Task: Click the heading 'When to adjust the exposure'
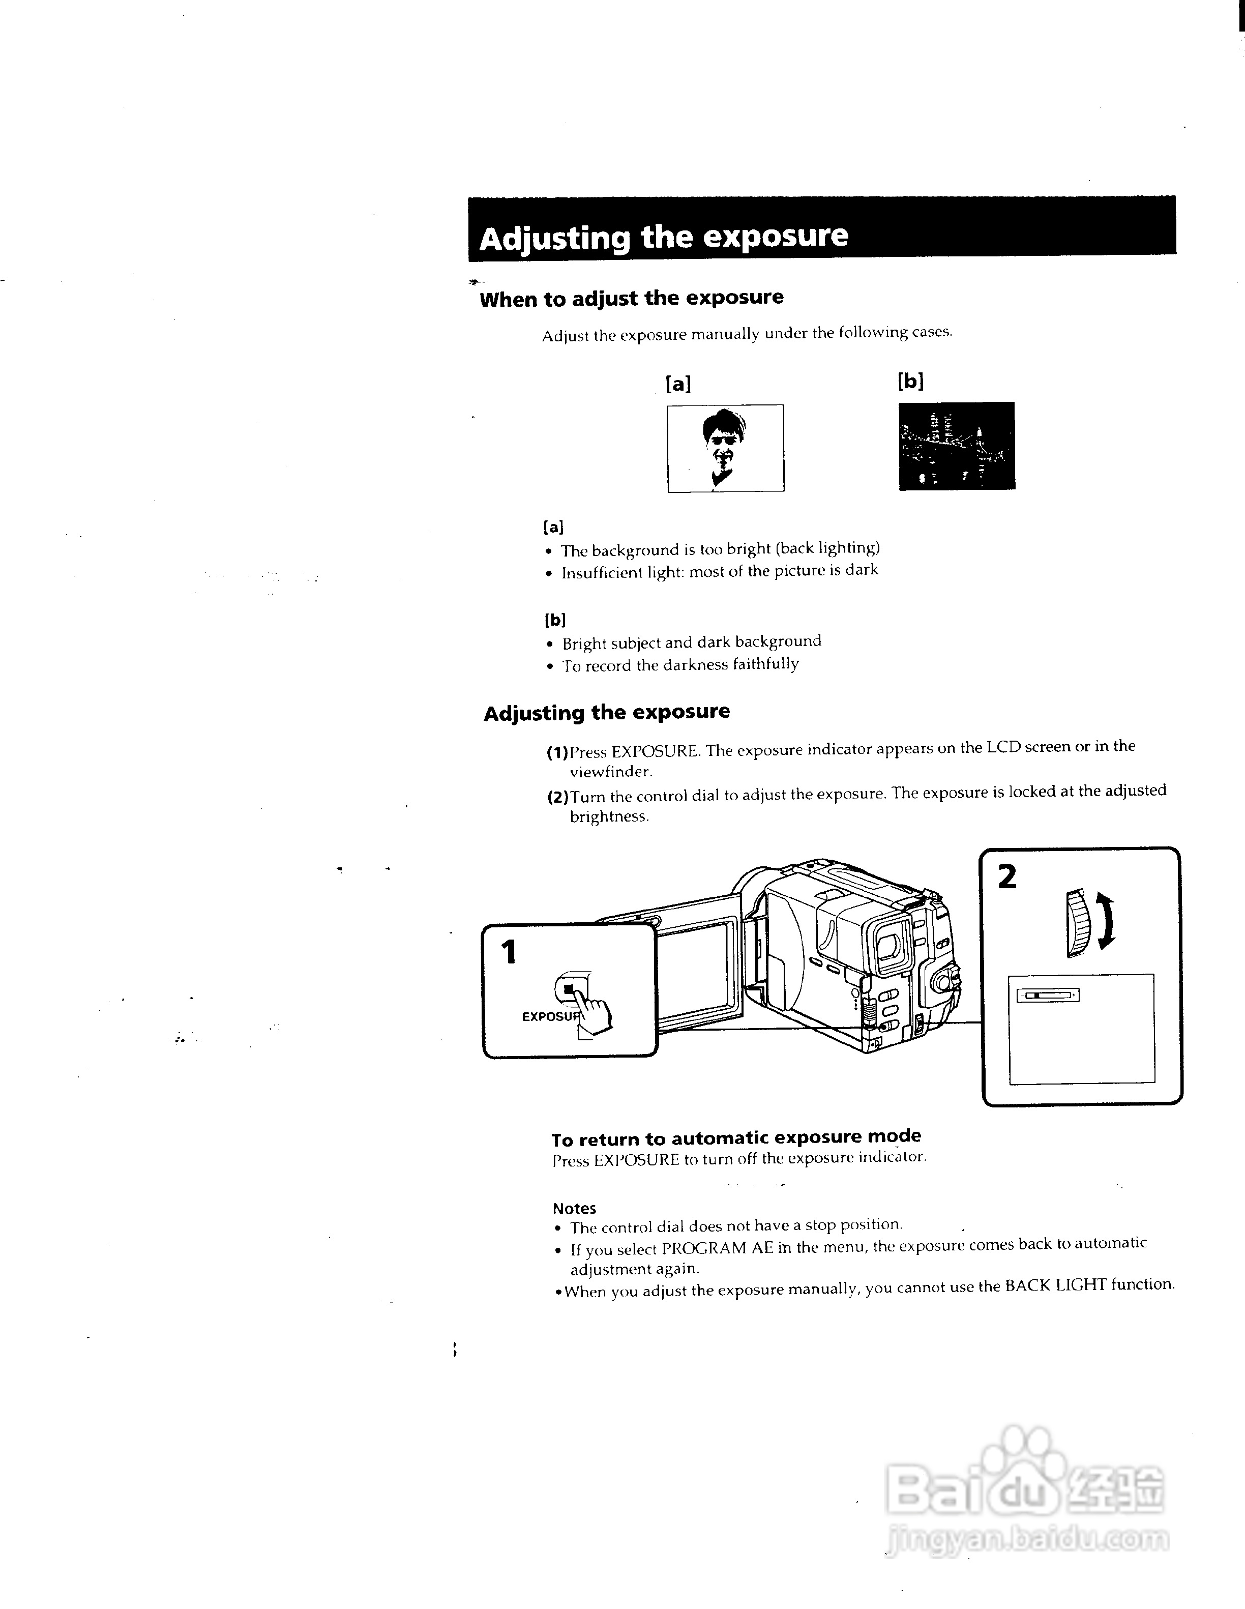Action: (631, 299)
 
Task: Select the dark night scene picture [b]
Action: (956, 446)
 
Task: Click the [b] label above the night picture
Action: (910, 381)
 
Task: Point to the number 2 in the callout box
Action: (1006, 876)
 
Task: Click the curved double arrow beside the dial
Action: (1106, 920)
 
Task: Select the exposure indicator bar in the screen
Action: (1047, 996)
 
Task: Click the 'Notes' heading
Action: (574, 1208)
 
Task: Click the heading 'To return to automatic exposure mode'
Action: (736, 1138)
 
